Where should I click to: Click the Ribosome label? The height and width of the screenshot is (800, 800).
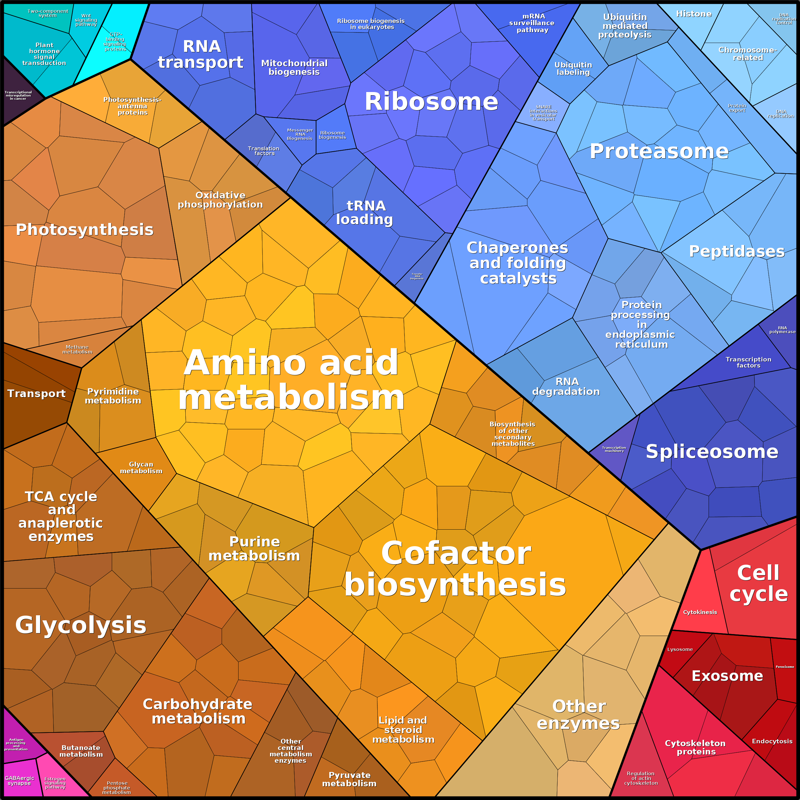point(431,102)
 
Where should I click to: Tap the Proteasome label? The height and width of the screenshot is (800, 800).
point(659,151)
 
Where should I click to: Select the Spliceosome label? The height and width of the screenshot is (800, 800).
point(712,451)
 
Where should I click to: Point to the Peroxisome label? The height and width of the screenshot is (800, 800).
point(785,667)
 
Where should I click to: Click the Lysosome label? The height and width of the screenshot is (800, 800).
point(680,649)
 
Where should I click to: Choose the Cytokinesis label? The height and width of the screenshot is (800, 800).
point(700,612)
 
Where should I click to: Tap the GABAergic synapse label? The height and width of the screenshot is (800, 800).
point(19,781)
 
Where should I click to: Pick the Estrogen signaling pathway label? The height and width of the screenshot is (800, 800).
point(55,783)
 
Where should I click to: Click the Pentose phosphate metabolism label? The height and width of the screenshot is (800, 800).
point(117,788)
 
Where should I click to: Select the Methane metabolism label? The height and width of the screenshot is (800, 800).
point(77,349)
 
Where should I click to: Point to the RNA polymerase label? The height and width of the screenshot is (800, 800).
point(782,330)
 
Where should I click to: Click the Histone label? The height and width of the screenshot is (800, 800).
point(694,14)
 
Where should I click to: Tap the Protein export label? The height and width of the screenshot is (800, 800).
point(737,108)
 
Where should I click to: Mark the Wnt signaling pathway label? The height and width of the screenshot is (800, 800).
point(86,20)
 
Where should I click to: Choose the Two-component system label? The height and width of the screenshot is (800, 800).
point(48,13)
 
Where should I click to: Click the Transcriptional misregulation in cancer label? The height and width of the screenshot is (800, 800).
point(18,95)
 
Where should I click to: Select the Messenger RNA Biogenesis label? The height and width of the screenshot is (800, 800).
point(300,134)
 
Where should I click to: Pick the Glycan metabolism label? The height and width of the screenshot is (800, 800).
point(141,468)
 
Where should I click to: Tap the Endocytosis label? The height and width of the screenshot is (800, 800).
point(772,741)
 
